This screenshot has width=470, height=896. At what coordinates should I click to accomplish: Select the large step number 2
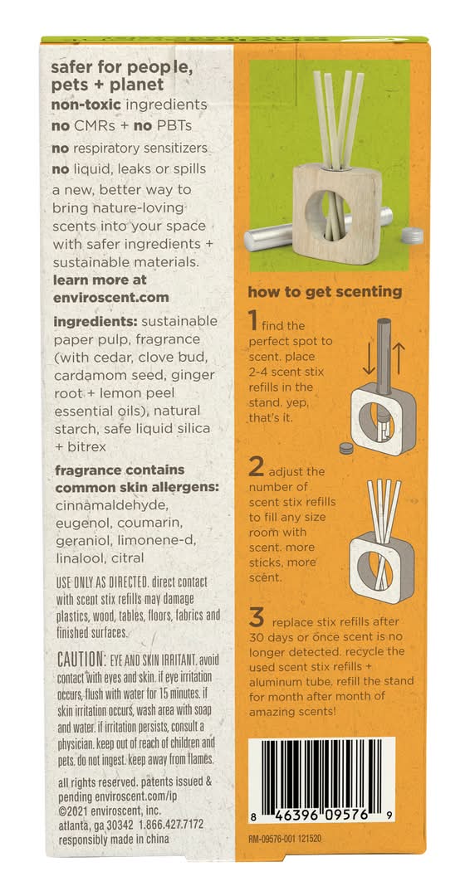point(255,467)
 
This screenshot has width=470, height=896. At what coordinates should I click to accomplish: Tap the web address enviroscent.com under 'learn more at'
point(111,298)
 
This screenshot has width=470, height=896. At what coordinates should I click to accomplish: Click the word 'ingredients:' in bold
point(93,322)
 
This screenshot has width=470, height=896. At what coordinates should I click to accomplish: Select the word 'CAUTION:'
point(81,660)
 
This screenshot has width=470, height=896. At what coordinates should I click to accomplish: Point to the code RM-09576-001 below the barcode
point(276,840)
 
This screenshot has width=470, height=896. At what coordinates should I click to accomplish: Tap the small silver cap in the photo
point(412,236)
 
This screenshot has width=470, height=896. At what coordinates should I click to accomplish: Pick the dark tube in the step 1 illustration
point(383,357)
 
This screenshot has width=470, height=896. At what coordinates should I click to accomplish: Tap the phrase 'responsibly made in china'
point(114,839)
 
